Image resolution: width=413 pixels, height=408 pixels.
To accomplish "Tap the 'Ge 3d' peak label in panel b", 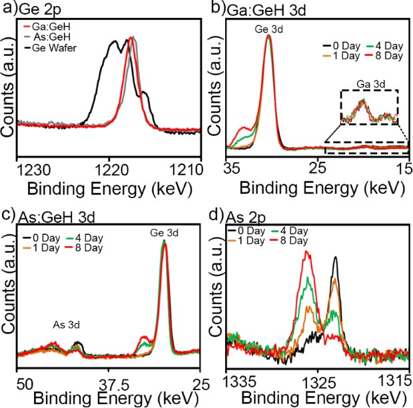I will [x=269, y=30].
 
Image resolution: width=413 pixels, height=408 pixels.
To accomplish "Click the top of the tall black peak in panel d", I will [x=335, y=258].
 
